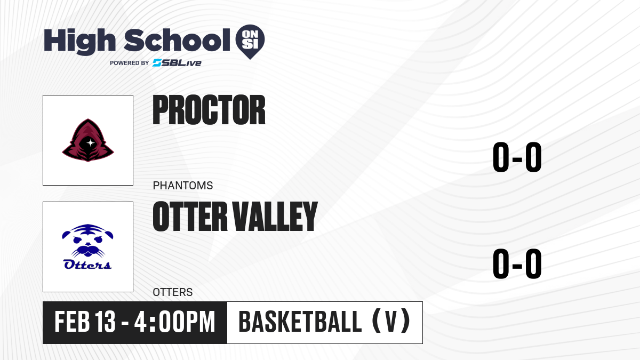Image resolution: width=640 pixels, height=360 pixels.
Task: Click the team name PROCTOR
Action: pos(209,110)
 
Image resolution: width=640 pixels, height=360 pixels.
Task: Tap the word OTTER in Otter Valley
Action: pos(190,217)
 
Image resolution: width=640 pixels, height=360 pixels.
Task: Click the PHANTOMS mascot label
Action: pos(183,186)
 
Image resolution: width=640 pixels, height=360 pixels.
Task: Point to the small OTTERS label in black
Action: pos(173,292)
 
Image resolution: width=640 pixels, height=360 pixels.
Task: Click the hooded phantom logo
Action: pos(88,140)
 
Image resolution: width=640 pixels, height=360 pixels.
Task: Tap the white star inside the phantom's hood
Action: pos(90,142)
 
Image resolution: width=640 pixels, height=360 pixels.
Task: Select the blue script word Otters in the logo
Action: pos(87,265)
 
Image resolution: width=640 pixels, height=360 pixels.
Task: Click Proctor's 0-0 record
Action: pos(517,157)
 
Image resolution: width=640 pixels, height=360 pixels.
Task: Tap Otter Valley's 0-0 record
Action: pos(517,263)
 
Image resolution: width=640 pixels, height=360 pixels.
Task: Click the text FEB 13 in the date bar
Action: pos(85,322)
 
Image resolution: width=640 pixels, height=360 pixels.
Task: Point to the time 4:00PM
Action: pos(175,322)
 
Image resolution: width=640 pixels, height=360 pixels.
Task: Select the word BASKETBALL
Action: pos(300,322)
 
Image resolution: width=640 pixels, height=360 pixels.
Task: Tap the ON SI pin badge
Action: pos(250,42)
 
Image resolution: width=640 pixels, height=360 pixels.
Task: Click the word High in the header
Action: pos(80,41)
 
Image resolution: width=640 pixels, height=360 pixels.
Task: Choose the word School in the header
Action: pos(177,40)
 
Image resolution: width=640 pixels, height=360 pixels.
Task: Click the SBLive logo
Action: pos(177,63)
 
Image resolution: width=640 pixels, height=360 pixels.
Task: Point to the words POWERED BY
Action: pos(130,63)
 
